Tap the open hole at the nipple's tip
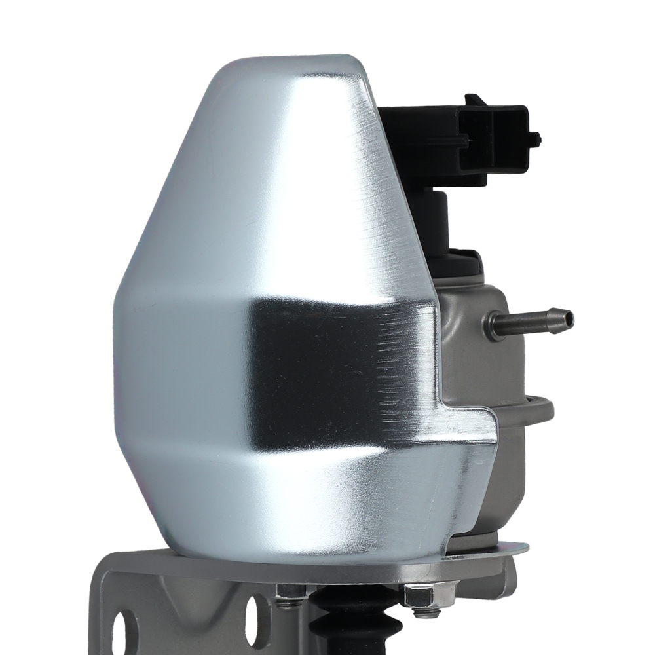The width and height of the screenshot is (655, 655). [x=569, y=318]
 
